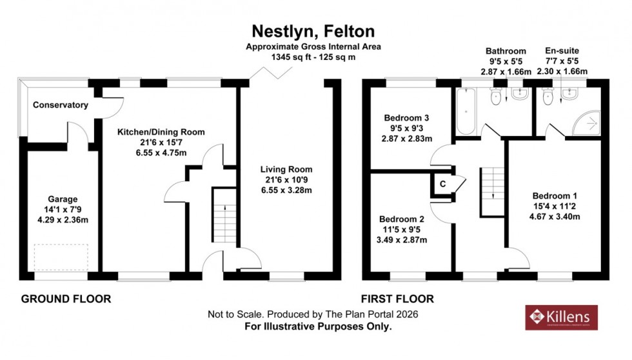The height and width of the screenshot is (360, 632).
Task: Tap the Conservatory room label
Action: [60, 105]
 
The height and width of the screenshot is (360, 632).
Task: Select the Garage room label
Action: [62, 199]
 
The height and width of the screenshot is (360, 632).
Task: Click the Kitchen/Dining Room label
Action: [161, 132]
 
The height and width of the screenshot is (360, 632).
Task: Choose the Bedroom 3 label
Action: [406, 118]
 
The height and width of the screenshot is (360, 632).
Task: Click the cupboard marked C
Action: [442, 184]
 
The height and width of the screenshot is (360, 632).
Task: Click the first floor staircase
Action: [491, 190]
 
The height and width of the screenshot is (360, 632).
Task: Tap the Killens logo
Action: [560, 317]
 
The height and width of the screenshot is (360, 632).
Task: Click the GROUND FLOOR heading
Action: [66, 299]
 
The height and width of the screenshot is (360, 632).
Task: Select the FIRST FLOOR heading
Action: [397, 299]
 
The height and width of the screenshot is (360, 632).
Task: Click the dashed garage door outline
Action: [62, 257]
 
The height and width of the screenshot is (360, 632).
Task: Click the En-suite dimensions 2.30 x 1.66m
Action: [562, 71]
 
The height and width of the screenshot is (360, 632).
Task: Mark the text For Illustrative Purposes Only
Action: [318, 326]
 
